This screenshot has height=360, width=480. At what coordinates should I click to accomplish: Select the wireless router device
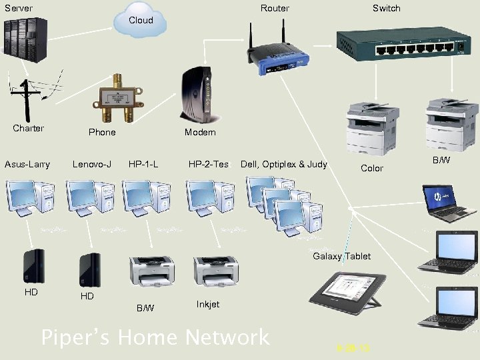278,57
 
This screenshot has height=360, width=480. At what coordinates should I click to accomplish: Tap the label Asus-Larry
27,164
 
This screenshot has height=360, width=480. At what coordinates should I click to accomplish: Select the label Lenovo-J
91,164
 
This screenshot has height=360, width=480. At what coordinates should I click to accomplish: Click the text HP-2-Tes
208,164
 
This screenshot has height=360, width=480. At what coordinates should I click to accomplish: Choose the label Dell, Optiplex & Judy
284,164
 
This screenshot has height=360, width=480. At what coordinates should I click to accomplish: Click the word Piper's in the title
75,337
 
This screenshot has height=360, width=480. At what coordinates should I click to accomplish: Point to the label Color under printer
371,169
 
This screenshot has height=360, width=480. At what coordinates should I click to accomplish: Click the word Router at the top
275,8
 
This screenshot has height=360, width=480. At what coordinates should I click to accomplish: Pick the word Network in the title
227,337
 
